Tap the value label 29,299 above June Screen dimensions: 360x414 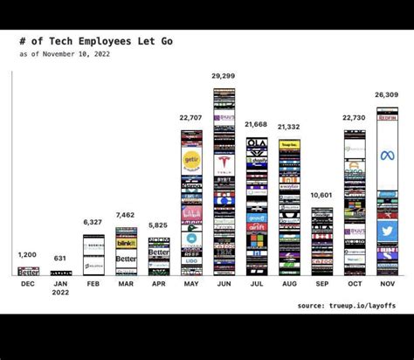coord(224,77)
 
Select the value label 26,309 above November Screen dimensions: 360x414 coord(387,96)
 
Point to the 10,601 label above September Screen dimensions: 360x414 coord(322,195)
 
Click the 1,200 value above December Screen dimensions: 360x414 coord(28,254)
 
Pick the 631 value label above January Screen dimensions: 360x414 coord(60,258)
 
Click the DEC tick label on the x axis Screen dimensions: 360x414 coord(28,284)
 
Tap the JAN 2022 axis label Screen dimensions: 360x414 coord(60,287)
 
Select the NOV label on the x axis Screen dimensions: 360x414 coord(387,284)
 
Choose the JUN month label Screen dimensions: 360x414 coord(224,284)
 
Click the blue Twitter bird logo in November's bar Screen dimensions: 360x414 coord(387,230)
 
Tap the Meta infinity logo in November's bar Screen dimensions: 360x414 coord(387,156)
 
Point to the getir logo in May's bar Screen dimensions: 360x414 coord(191,159)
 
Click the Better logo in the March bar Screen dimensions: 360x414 coord(126,259)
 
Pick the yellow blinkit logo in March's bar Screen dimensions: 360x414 coord(126,243)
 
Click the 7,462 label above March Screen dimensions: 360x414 coord(126,215)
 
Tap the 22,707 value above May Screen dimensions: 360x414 coord(191,118)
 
